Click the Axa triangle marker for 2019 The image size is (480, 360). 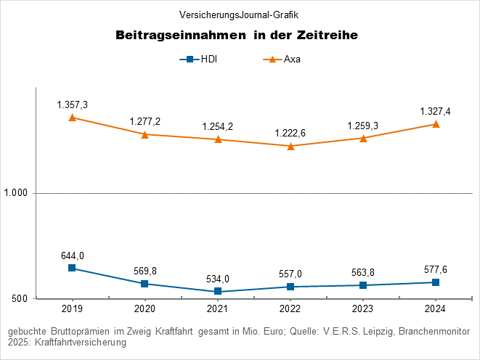click(x=72, y=118)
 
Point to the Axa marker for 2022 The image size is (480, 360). click(x=290, y=146)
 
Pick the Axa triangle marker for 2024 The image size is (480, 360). click(x=436, y=124)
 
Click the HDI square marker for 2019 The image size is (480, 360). click(x=72, y=268)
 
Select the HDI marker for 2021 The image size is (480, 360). click(x=218, y=292)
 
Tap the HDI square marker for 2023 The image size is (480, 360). click(x=363, y=285)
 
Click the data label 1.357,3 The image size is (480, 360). click(x=72, y=105)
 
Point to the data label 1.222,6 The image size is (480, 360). click(x=290, y=134)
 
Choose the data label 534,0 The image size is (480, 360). click(x=218, y=279)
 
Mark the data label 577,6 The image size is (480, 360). click(x=436, y=270)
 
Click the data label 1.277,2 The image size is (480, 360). click(x=145, y=121)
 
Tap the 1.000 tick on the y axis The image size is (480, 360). click(x=17, y=194)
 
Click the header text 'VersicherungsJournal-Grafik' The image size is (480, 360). click(x=238, y=15)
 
